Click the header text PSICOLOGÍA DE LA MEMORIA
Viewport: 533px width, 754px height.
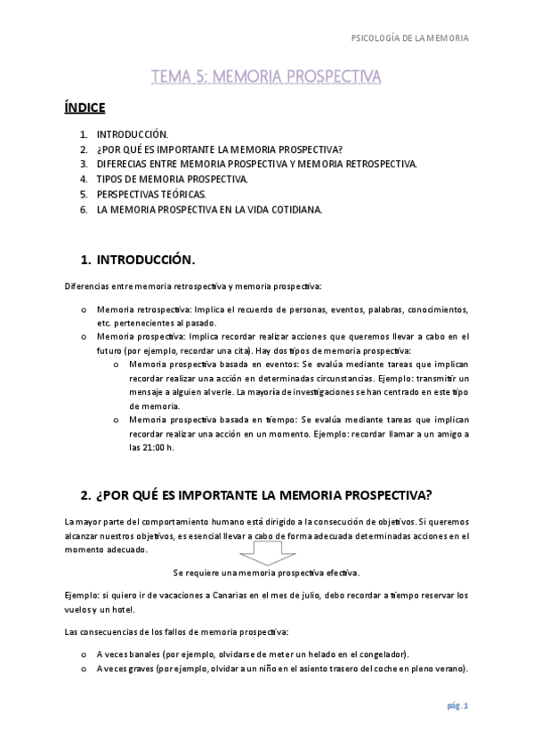click(410, 38)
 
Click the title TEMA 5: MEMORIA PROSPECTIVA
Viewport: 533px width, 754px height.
click(266, 77)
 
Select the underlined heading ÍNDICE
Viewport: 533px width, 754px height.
click(85, 108)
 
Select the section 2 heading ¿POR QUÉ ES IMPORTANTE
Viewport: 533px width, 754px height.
click(256, 495)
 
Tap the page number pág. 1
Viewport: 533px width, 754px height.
click(457, 707)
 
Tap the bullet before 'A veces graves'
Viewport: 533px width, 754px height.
click(83, 670)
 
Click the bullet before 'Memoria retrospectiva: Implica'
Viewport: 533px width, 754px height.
click(83, 309)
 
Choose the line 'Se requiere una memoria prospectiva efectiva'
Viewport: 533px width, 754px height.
click(266, 573)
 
